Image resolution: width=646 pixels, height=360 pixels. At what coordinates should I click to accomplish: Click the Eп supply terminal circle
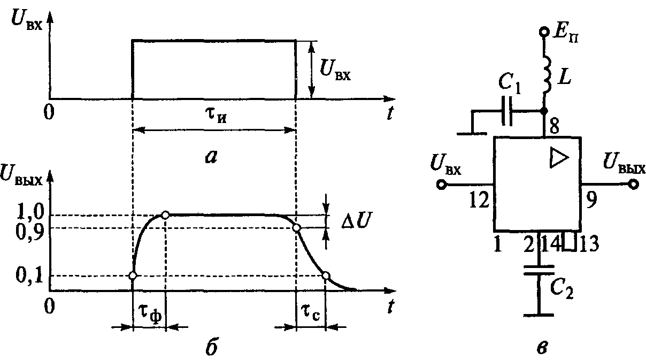(x=544, y=33)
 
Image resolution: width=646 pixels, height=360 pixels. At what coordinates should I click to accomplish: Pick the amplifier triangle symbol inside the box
(x=556, y=157)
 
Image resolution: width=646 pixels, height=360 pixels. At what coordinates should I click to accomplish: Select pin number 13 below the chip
(x=587, y=244)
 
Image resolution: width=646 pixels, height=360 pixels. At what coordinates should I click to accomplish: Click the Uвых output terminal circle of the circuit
(x=634, y=185)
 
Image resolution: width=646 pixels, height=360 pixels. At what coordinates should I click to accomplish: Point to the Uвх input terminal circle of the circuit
(x=442, y=185)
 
